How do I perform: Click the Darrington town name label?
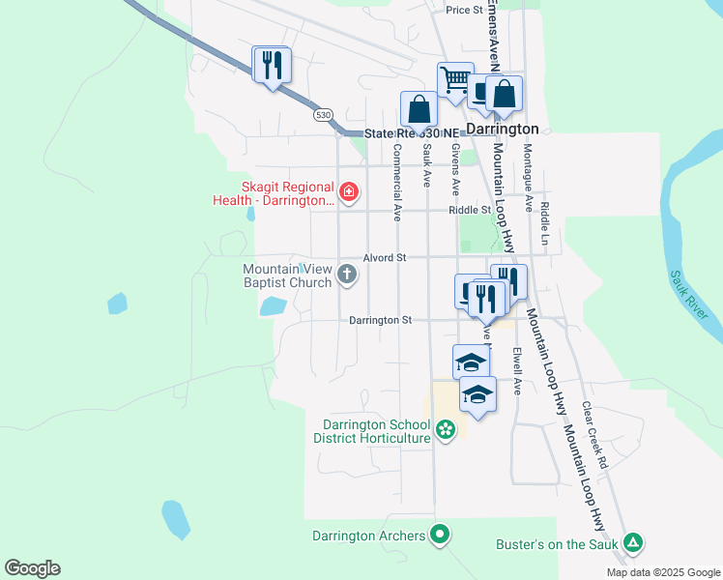pyautogui.click(x=503, y=129)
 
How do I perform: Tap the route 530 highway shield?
pyautogui.click(x=322, y=114)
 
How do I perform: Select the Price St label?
pyautogui.click(x=464, y=10)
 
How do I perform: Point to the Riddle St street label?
pyautogui.click(x=470, y=210)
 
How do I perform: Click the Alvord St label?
pyautogui.click(x=384, y=258)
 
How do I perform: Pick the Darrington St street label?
pyautogui.click(x=380, y=320)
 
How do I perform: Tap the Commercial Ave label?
pyautogui.click(x=397, y=184)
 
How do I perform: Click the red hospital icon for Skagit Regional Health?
pyautogui.click(x=348, y=193)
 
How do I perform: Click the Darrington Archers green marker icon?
pyautogui.click(x=440, y=534)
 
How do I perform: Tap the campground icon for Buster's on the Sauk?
pyautogui.click(x=633, y=543)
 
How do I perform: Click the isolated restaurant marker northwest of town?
pyautogui.click(x=271, y=65)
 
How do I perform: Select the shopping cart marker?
pyautogui.click(x=455, y=80)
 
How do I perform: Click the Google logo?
pyautogui.click(x=32, y=568)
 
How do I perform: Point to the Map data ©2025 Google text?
pyautogui.click(x=662, y=572)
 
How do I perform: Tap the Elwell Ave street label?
pyautogui.click(x=517, y=372)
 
